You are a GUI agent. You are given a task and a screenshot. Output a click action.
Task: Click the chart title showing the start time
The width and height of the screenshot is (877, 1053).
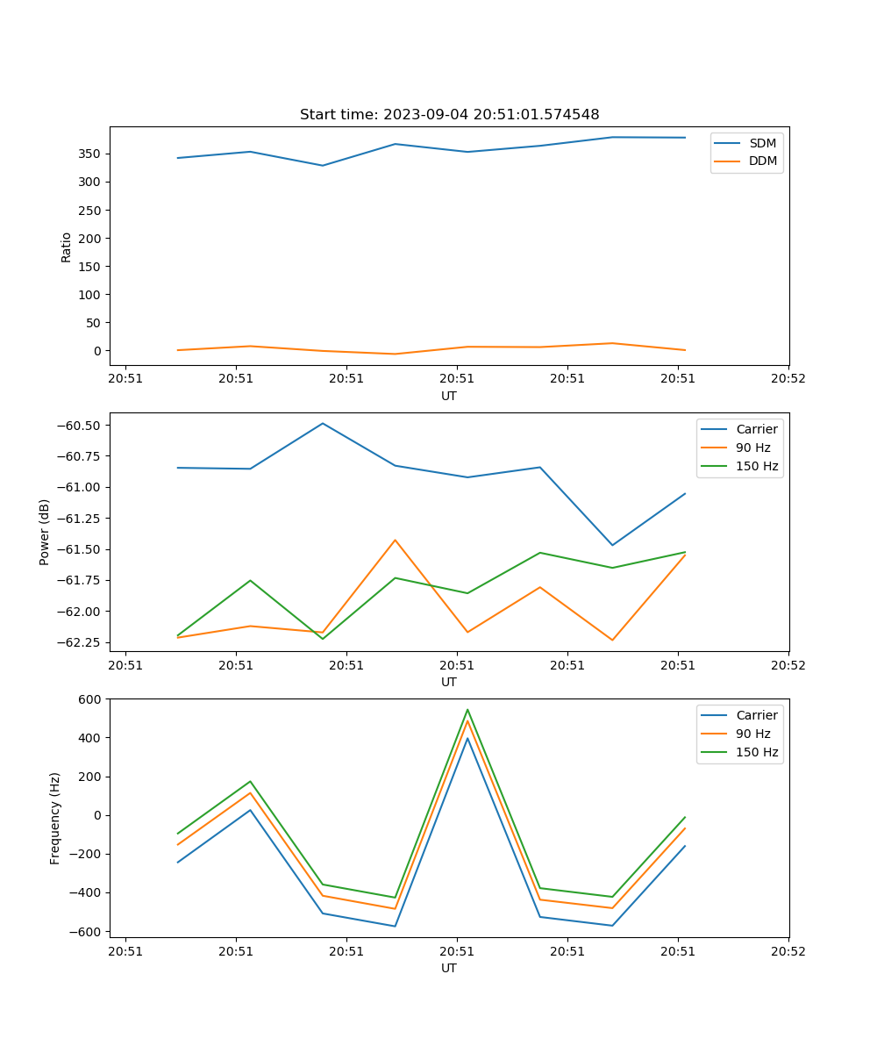(x=449, y=115)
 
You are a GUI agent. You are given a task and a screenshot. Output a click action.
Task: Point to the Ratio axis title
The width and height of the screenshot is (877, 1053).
(x=67, y=247)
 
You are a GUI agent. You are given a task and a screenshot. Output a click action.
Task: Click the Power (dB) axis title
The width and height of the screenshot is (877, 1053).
(x=45, y=532)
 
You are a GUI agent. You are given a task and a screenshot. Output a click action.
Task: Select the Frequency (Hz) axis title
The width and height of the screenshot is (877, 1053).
(x=55, y=818)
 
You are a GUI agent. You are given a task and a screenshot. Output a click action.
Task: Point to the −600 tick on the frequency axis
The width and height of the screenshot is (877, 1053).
(x=88, y=931)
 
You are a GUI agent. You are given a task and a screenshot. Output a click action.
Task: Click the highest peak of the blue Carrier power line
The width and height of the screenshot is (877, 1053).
(x=323, y=423)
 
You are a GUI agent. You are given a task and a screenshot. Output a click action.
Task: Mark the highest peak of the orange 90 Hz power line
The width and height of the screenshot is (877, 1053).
(x=395, y=540)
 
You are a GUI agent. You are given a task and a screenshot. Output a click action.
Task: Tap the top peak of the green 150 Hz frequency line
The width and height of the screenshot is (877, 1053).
(x=467, y=709)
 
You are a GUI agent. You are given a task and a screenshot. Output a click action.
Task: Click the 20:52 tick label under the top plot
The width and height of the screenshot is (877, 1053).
(x=788, y=379)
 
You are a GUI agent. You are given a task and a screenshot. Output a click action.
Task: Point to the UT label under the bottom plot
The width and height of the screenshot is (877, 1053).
(x=449, y=968)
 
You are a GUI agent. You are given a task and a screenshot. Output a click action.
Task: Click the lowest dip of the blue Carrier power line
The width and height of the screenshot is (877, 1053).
(x=612, y=545)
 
